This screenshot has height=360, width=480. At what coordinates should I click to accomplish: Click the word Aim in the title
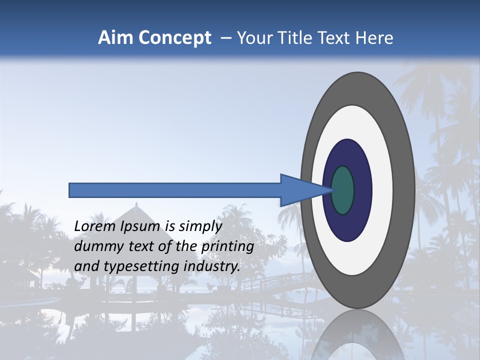[116, 37]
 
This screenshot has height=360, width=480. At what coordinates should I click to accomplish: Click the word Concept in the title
[174, 38]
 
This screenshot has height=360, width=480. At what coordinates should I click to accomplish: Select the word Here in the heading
[374, 37]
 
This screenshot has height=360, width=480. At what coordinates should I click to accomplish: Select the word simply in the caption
[200, 226]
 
